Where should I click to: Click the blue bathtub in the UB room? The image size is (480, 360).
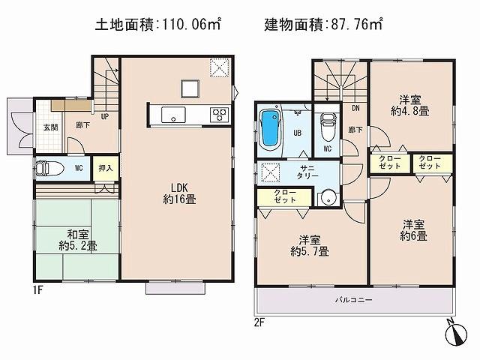tap(269, 128)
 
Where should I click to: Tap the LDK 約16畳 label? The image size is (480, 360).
tap(180, 194)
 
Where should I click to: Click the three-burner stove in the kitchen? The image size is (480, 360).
tap(220, 114)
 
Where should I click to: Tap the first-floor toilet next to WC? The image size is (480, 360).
tap(46, 169)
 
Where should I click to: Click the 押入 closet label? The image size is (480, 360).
tap(106, 168)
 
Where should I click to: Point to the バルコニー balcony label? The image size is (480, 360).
tap(353, 300)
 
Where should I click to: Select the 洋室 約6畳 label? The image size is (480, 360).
tap(413, 229)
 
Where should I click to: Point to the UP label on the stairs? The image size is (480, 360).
tap(105, 117)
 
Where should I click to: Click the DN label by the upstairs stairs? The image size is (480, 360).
tap(355, 106)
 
